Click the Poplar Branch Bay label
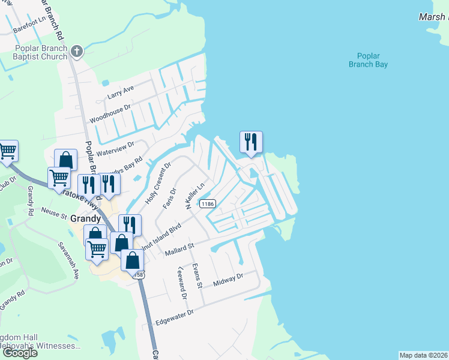click(368, 60)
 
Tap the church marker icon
click(76, 52)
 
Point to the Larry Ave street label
click(121, 93)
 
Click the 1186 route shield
click(208, 204)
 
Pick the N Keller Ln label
click(196, 196)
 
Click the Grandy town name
click(85, 218)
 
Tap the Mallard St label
click(180, 248)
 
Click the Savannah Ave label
click(68, 261)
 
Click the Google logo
click(19, 353)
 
